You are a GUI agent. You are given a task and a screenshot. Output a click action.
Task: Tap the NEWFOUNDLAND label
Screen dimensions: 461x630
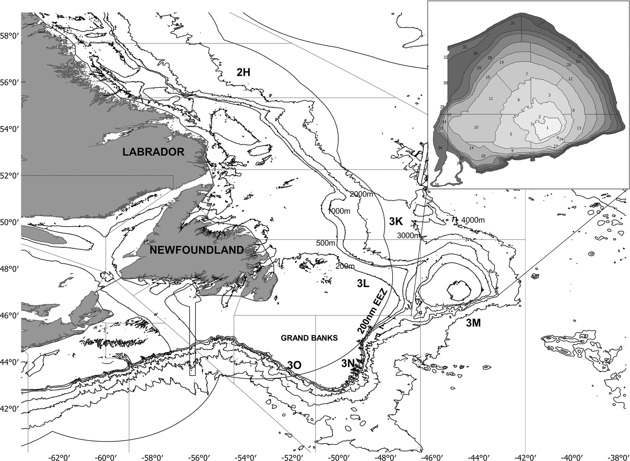pos(197,250)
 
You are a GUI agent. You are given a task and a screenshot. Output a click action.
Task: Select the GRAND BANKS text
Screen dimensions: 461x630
pos(309,338)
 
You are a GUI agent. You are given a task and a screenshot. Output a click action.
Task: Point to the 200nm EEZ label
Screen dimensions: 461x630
pos(373,312)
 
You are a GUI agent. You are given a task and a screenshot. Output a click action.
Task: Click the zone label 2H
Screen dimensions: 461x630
pos(243,73)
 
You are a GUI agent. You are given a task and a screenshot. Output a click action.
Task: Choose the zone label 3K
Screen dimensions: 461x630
pos(396,221)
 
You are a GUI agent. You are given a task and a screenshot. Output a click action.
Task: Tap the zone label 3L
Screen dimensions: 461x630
pos(363,284)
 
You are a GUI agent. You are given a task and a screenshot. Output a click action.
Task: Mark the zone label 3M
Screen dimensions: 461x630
pos(473,323)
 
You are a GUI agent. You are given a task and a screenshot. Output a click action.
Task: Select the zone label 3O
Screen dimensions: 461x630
pos(294,365)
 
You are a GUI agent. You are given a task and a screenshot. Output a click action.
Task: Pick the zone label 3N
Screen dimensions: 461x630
pos(348,363)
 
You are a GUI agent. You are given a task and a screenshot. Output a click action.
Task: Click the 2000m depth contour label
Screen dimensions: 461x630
pos(361,194)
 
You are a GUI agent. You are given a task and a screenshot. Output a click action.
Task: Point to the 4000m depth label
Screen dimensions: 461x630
pos(473,220)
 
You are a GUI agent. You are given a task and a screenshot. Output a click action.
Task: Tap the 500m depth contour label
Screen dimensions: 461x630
pos(325,243)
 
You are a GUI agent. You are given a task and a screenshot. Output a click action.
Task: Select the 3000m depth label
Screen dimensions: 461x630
pos(408,236)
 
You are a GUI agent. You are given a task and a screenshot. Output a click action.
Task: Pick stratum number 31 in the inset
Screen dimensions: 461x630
pos(513,23)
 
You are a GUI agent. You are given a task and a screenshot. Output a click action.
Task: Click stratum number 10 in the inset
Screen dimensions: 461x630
pos(476,127)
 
